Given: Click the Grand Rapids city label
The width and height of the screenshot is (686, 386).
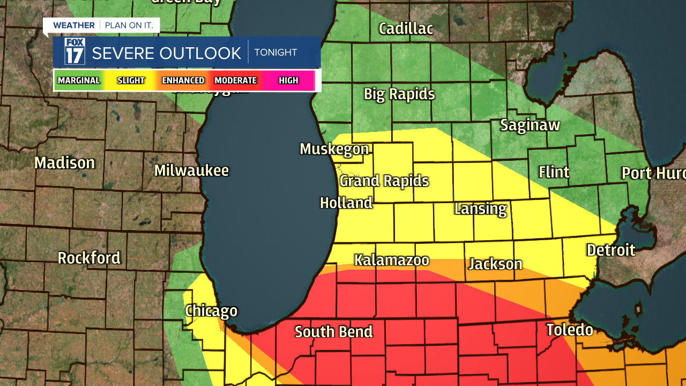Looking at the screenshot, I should click(x=384, y=181).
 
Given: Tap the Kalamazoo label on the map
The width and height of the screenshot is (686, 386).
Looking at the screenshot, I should click(x=391, y=261).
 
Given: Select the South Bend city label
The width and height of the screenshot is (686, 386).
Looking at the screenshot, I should click(x=333, y=332).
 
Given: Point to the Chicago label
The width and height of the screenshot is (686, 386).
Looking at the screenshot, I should click(x=211, y=311).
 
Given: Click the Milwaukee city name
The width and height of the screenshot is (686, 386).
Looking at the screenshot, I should click(x=191, y=170).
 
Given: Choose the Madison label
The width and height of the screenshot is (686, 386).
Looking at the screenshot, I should click(x=65, y=162).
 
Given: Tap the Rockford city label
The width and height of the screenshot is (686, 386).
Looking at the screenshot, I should click(x=89, y=258).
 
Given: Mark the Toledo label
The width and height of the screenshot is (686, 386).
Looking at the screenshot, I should click(x=570, y=330).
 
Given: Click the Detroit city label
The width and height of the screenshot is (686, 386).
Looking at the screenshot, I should click(x=611, y=250).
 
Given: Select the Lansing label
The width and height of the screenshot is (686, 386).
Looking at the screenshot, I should click(x=480, y=209).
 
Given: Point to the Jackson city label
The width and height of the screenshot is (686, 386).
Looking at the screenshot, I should click(x=495, y=264).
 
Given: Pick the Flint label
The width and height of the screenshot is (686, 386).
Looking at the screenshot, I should click(x=554, y=172).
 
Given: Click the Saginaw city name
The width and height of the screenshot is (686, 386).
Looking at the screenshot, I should click(x=530, y=125).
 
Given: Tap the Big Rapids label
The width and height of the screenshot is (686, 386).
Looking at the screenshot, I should click(x=399, y=94).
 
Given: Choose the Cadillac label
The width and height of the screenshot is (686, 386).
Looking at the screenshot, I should click(x=406, y=28).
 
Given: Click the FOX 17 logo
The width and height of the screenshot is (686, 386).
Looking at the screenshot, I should click(x=75, y=51).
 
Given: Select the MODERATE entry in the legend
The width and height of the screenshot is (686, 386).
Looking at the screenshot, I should click(x=235, y=80).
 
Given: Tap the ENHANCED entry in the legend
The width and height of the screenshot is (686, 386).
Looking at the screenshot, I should click(x=183, y=80).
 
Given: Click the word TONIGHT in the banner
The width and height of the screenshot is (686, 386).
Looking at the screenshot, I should click(x=275, y=53).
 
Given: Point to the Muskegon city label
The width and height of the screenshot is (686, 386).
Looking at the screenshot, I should click(x=334, y=149).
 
